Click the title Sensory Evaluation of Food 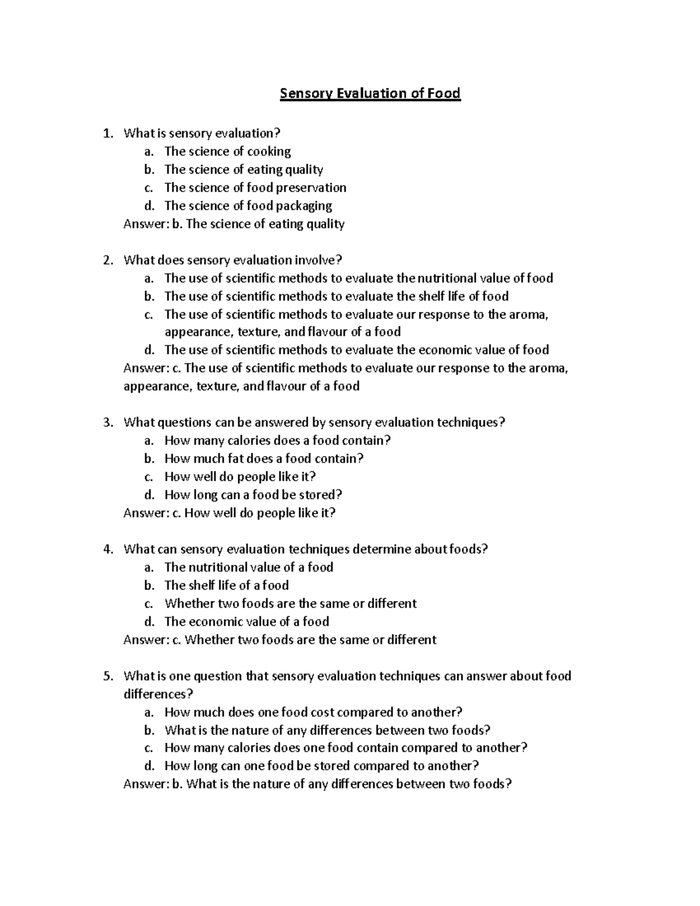[370, 93]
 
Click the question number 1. [107, 134]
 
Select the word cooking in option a [269, 152]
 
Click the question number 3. [107, 422]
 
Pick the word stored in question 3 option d [320, 495]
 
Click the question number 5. [107, 676]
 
